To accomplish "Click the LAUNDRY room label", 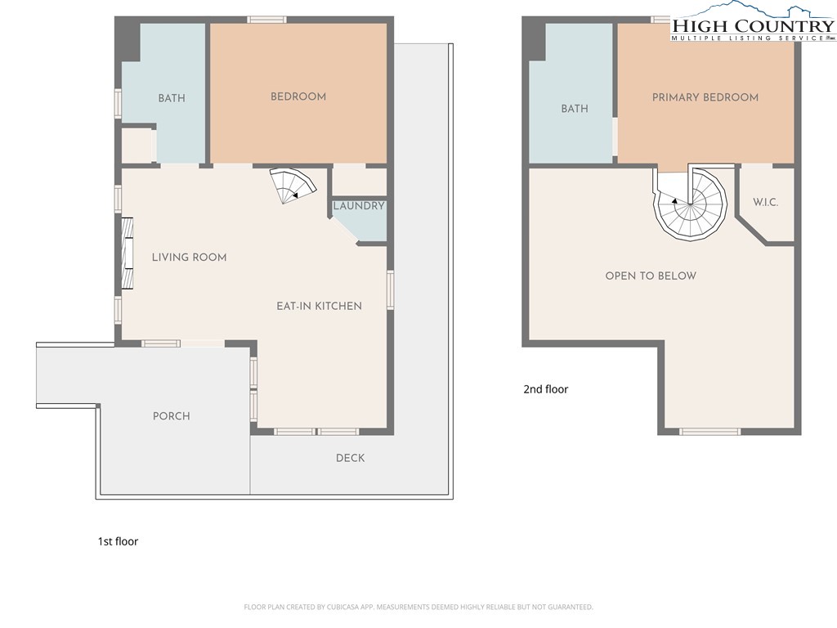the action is pyautogui.click(x=359, y=206).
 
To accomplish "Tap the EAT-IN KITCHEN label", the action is pyautogui.click(x=320, y=306).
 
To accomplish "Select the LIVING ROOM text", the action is pyautogui.click(x=189, y=258).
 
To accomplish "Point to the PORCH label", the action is pyautogui.click(x=172, y=416).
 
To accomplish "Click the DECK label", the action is pyautogui.click(x=350, y=458).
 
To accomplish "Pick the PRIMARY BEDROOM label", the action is pyautogui.click(x=705, y=97).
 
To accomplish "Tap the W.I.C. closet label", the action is pyautogui.click(x=765, y=203).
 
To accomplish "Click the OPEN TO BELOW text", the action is pyautogui.click(x=651, y=276).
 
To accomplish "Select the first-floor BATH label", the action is pyautogui.click(x=172, y=98).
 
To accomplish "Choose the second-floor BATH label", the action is pyautogui.click(x=575, y=109).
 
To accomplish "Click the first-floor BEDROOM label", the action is pyautogui.click(x=298, y=96).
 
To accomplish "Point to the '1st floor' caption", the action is pyautogui.click(x=118, y=541).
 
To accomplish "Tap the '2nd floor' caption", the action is pyautogui.click(x=545, y=389).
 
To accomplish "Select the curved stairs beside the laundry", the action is pyautogui.click(x=293, y=186).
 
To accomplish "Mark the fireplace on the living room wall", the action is pyautogui.click(x=127, y=253).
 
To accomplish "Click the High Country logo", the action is pyautogui.click(x=753, y=21).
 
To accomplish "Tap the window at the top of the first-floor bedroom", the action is pyautogui.click(x=267, y=20).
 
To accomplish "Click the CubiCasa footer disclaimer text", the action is pyautogui.click(x=418, y=608).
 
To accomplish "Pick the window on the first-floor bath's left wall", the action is pyautogui.click(x=119, y=103).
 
